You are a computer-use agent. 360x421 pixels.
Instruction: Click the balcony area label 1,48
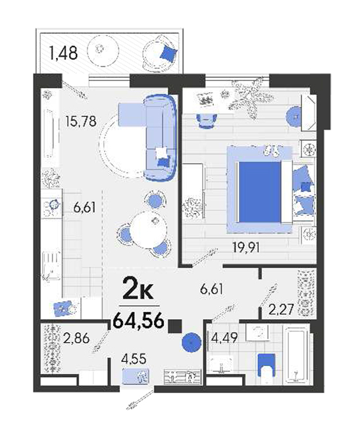(x=63, y=53)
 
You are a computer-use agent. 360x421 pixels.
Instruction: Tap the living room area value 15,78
(x=81, y=121)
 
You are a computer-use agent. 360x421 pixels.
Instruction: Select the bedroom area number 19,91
(x=246, y=247)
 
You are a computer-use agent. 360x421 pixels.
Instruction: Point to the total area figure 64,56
(x=139, y=320)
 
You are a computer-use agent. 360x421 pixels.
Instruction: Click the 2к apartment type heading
(x=138, y=288)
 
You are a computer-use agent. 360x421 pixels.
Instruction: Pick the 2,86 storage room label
(x=76, y=338)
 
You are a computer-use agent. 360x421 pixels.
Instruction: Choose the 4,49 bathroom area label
(x=224, y=337)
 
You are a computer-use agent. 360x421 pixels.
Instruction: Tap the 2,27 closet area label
(x=281, y=309)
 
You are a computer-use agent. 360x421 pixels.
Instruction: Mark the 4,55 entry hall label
(x=134, y=359)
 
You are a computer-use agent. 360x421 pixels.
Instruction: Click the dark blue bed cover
(x=259, y=192)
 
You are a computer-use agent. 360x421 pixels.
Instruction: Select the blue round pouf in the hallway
(x=192, y=342)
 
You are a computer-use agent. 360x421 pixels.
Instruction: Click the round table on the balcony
(x=103, y=49)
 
